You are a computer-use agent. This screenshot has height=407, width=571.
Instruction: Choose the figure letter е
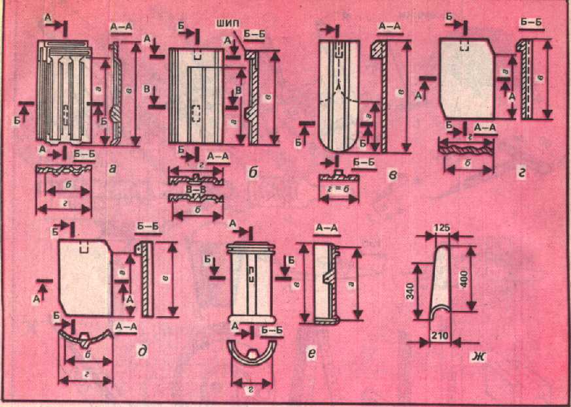pos(312,353)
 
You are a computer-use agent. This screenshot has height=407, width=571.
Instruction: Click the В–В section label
pos(194,189)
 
